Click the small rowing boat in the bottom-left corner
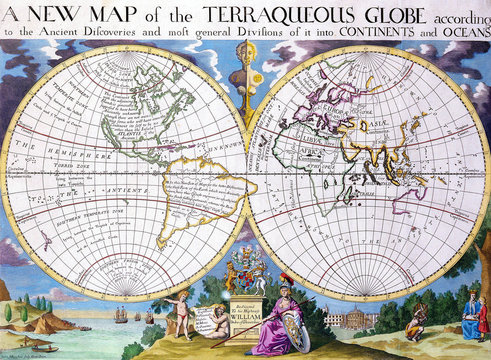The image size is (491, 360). coord(40,350)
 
